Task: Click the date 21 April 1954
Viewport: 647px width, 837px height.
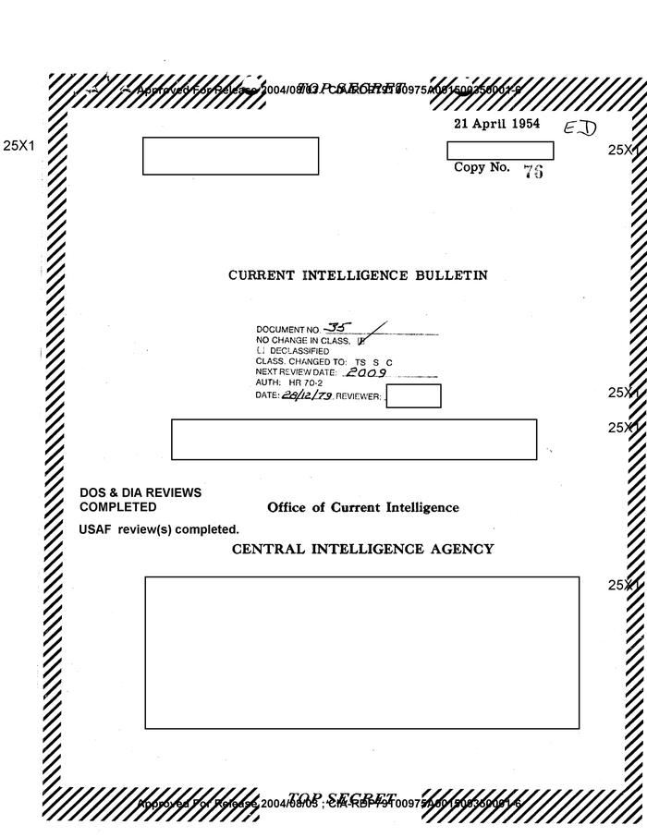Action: (496, 125)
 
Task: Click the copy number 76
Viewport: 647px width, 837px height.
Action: (531, 172)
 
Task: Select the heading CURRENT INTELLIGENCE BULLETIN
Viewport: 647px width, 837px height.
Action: (358, 275)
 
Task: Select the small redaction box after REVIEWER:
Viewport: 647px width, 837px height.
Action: (413, 395)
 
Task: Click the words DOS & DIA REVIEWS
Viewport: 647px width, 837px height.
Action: (140, 493)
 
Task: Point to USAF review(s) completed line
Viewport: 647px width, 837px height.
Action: (160, 529)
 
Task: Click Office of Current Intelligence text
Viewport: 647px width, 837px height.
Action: (362, 507)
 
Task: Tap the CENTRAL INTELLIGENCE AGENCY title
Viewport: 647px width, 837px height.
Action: (362, 549)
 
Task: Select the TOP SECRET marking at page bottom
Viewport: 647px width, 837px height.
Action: (342, 798)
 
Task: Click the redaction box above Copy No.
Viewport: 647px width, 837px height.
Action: (500, 151)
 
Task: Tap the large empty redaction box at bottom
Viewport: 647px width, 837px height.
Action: (361, 652)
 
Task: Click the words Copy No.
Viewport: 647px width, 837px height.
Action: (482, 168)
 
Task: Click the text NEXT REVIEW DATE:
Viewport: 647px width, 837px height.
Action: (297, 372)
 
